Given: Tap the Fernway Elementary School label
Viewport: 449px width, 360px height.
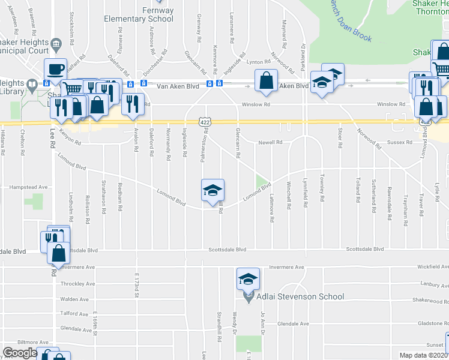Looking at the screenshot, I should click(x=139, y=14).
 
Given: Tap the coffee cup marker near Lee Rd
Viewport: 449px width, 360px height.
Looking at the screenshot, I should click(x=55, y=69).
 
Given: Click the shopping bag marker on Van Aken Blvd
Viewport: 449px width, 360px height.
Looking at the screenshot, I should click(x=266, y=81).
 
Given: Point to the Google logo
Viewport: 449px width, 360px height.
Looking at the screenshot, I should click(x=20, y=353).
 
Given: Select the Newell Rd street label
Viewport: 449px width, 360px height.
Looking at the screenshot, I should click(x=270, y=142).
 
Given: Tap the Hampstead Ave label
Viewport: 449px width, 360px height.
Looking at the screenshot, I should click(x=28, y=187).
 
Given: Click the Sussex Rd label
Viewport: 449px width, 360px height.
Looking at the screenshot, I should click(x=400, y=143).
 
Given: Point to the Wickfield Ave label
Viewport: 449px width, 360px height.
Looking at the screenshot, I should click(x=432, y=266).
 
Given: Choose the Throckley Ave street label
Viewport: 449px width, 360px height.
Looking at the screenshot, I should click(x=77, y=284).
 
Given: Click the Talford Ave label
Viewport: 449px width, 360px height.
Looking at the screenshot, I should click(x=74, y=313).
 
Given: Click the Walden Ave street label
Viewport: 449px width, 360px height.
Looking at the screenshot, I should click(x=74, y=299).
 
